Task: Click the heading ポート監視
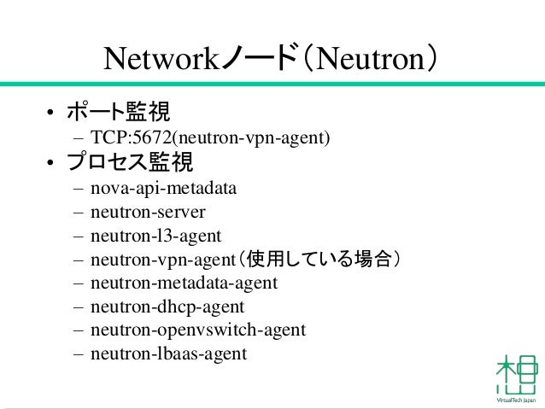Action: click(x=119, y=112)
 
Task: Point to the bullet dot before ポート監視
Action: click(x=51, y=114)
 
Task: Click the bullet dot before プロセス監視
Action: click(x=51, y=163)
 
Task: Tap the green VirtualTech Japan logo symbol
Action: click(x=517, y=374)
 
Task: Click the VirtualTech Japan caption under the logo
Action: click(x=516, y=400)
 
